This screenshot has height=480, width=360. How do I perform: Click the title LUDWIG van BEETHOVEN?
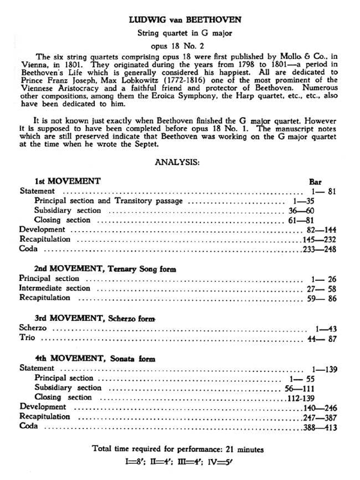(184, 19)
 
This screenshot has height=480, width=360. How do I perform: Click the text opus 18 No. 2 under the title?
(184, 44)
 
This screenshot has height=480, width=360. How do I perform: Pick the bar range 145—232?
(318, 239)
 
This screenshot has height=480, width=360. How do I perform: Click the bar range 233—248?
(319, 249)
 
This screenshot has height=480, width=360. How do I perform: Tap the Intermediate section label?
(55, 289)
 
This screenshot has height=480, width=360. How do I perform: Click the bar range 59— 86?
(321, 298)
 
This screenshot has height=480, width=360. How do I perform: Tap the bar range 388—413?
(319, 427)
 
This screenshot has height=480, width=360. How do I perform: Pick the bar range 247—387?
(319, 417)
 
